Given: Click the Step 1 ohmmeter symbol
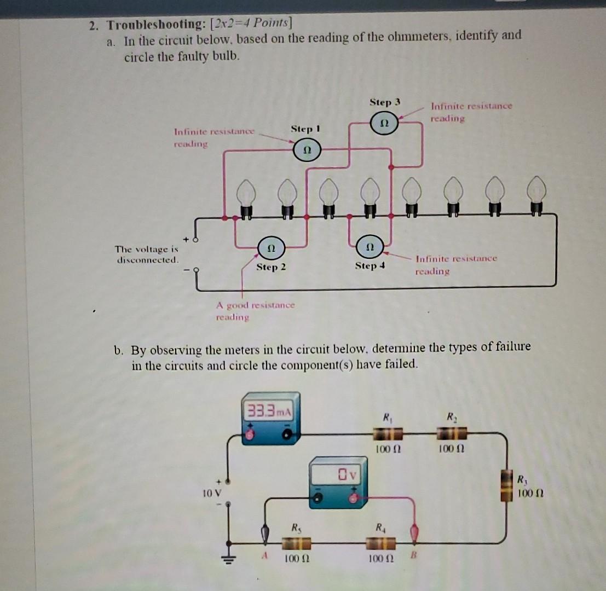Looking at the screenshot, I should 307,148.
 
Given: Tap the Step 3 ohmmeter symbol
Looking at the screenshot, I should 385,122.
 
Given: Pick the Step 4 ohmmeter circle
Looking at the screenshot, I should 371,246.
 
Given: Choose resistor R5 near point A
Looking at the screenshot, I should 296,543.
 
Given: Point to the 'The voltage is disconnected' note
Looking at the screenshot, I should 146,254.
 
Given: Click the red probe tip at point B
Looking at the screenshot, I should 414,532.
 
